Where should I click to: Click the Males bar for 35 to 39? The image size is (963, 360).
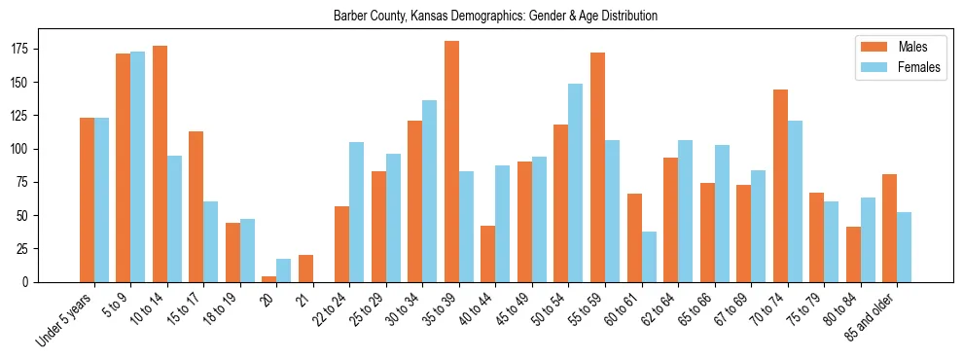point(451,162)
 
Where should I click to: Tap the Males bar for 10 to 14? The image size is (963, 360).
point(160,163)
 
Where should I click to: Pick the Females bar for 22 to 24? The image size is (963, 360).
point(357,212)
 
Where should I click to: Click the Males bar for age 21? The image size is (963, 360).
point(305,269)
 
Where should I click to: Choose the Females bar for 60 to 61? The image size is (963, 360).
point(649,257)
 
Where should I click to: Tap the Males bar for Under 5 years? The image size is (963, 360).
point(87,199)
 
